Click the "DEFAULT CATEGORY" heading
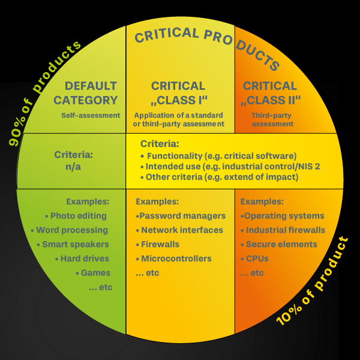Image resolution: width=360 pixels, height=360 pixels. tap(91, 93)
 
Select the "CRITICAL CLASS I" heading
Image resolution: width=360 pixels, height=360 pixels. tap(178, 93)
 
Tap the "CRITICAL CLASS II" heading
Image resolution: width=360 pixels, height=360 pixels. tap(270, 93)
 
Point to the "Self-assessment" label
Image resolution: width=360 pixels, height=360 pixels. tap(91, 115)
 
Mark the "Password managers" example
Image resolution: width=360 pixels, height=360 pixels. tap(181, 216)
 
